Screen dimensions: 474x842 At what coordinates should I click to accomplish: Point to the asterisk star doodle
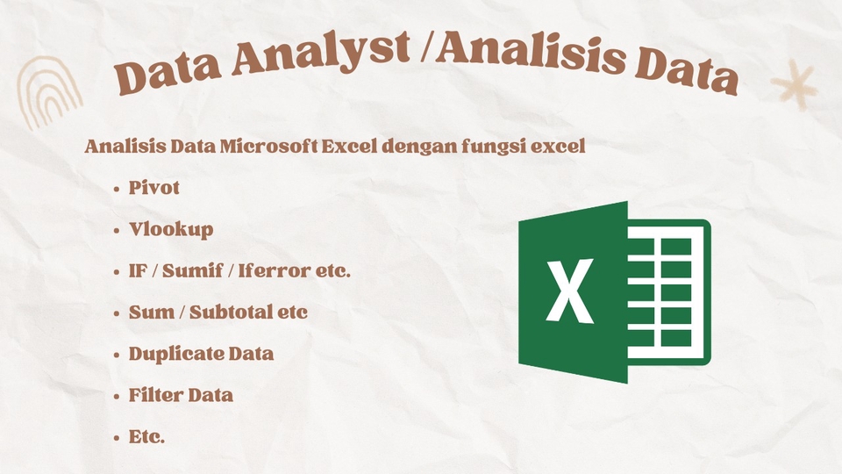(794, 86)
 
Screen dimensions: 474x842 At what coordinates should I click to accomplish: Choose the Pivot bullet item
(154, 188)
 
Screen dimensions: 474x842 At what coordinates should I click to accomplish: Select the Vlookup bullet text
(170, 230)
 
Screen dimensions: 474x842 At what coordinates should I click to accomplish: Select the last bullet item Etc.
(146, 436)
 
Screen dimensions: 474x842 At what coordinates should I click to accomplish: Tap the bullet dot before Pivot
(117, 190)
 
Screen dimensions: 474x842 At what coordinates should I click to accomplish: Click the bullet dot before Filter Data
(117, 396)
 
